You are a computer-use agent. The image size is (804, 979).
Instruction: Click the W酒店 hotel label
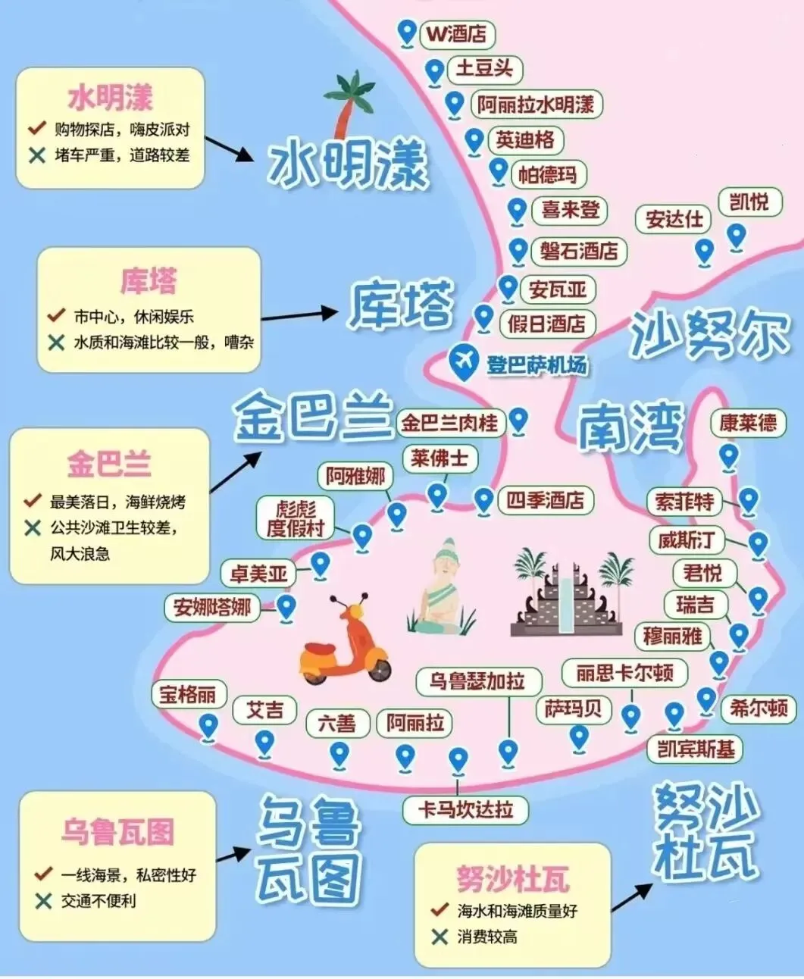pyautogui.click(x=456, y=34)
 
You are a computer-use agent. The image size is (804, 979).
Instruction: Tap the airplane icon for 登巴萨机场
pyautogui.click(x=462, y=361)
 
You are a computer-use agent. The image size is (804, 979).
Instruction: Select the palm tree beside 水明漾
pyautogui.click(x=349, y=102)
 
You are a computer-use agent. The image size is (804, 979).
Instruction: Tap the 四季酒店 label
pyautogui.click(x=546, y=500)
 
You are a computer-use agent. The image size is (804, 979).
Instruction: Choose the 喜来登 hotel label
pyautogui.click(x=570, y=210)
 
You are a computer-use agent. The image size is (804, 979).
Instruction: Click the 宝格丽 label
pyautogui.click(x=187, y=694)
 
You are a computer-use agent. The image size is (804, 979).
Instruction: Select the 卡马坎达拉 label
pyautogui.click(x=465, y=809)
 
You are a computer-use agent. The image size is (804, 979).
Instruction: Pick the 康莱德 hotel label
pyautogui.click(x=748, y=422)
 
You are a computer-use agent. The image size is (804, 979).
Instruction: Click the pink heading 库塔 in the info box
pyautogui.click(x=149, y=281)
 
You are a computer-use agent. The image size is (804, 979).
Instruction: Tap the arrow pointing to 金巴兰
pyautogui.click(x=235, y=471)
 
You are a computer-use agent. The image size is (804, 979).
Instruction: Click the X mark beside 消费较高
pyautogui.click(x=439, y=937)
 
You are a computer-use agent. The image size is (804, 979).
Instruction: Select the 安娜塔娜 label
pyautogui.click(x=212, y=607)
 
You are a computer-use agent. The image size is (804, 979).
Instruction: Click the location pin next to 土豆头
pyautogui.click(x=434, y=73)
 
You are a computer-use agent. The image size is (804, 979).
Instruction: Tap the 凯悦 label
pyautogui.click(x=749, y=202)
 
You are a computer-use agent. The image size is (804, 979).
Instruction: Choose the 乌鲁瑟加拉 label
pyautogui.click(x=477, y=681)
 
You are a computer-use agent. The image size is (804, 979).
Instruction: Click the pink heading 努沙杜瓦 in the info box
pyautogui.click(x=512, y=879)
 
